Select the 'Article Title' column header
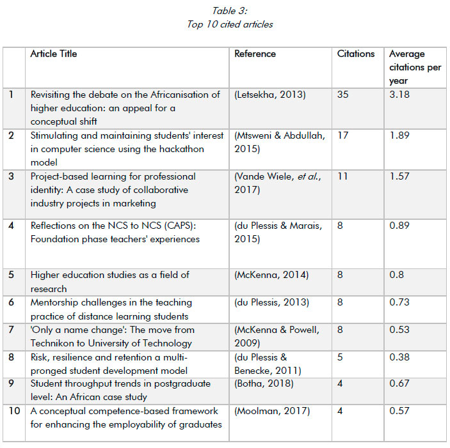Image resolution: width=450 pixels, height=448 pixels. (54, 54)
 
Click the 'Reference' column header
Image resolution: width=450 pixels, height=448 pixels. (255, 54)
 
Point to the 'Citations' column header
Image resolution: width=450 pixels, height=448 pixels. (356, 54)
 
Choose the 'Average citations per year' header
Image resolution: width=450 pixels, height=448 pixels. (415, 68)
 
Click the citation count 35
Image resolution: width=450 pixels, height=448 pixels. (344, 95)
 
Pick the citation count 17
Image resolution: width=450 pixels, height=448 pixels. (343, 135)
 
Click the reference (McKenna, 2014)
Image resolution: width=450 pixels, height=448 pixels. (271, 275)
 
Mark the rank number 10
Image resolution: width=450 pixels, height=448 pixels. (14, 411)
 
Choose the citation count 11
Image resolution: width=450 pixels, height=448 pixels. (342, 176)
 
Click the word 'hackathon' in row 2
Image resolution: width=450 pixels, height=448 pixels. (182, 149)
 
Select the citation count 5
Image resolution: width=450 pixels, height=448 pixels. (341, 357)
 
